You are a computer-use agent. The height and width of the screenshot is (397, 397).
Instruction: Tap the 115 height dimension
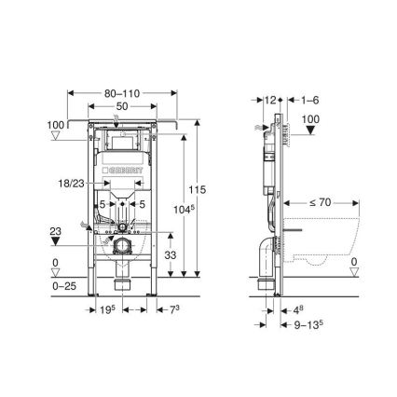[x=195, y=190]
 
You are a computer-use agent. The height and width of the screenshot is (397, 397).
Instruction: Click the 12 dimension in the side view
[x=270, y=98]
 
